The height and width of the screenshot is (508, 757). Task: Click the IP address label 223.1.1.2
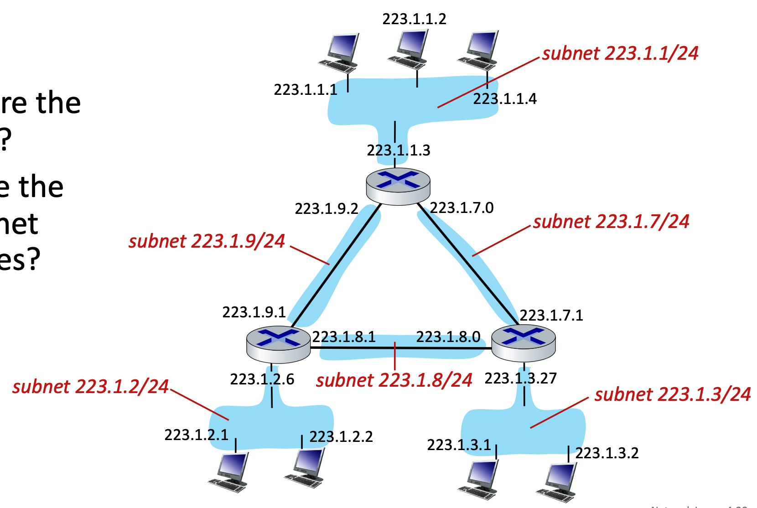414,19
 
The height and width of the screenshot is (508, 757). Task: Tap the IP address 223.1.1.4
505,99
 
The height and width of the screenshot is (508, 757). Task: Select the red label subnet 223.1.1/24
620,53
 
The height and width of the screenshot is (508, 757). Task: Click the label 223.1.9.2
327,209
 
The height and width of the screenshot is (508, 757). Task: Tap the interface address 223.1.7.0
461,208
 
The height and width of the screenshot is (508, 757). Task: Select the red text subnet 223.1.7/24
611,222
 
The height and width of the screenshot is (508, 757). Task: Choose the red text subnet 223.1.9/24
207,241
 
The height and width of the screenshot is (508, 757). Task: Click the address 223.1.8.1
344,337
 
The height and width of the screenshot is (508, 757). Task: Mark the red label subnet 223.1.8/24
394,380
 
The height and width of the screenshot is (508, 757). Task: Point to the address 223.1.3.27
520,378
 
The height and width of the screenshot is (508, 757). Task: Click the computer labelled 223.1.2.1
229,472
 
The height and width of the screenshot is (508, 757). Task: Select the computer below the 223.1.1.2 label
410,48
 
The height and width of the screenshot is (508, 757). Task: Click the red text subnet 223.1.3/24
673,394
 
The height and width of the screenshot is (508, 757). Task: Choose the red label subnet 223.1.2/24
90,387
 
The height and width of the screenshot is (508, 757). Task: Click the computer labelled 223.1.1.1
340,52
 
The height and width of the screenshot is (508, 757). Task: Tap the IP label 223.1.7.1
551,316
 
